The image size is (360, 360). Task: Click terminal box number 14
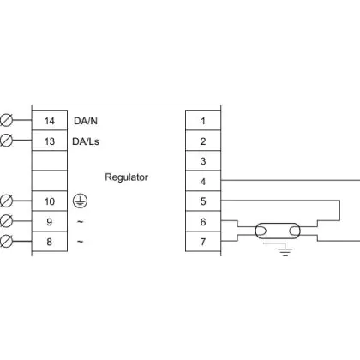pyautogui.click(x=50, y=120)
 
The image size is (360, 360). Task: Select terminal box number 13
pyautogui.click(x=50, y=141)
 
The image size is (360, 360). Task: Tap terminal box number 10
pyautogui.click(x=50, y=201)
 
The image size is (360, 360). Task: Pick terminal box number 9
pyautogui.click(x=50, y=221)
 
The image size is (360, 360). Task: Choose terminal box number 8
pyautogui.click(x=50, y=242)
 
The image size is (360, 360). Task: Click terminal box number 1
pyautogui.click(x=203, y=120)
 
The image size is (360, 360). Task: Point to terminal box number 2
pyautogui.click(x=203, y=141)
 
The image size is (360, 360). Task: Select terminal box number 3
pyautogui.click(x=203, y=161)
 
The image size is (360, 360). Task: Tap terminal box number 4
pyautogui.click(x=203, y=181)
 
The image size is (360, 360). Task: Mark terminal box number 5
pyautogui.click(x=203, y=201)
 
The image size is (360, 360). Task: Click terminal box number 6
pyautogui.click(x=203, y=221)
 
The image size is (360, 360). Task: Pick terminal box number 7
pyautogui.click(x=203, y=242)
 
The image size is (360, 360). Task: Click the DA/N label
pyautogui.click(x=86, y=121)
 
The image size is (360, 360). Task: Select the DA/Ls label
pyautogui.click(x=86, y=141)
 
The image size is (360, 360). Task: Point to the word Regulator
pyautogui.click(x=126, y=177)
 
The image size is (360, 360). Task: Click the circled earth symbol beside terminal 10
pyautogui.click(x=81, y=201)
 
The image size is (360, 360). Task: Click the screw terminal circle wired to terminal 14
pyautogui.click(x=6, y=120)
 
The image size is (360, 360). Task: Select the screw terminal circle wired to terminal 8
pyautogui.click(x=6, y=241)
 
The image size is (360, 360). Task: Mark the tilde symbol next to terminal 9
pyautogui.click(x=81, y=221)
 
